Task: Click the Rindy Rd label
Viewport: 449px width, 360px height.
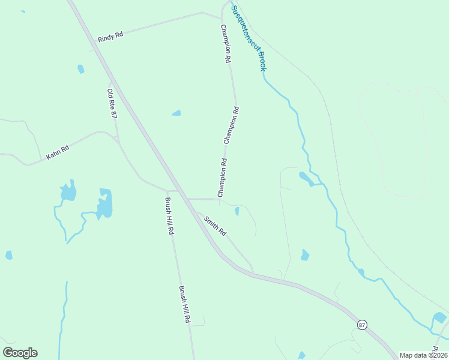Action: [110, 35]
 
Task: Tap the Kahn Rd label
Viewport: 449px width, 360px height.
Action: [58, 152]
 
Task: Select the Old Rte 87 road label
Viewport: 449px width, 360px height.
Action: [112, 103]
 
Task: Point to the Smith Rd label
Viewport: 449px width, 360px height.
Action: [214, 225]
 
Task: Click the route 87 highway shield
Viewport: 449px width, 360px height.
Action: [361, 325]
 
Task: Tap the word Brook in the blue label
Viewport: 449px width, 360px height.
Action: [262, 61]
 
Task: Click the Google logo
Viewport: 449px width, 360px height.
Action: [20, 353]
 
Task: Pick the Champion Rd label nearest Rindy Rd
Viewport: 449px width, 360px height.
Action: [226, 44]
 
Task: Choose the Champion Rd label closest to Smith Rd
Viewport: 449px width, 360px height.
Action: [223, 178]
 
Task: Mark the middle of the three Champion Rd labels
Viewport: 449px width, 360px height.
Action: [232, 125]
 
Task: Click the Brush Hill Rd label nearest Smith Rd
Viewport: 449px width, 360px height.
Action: [170, 215]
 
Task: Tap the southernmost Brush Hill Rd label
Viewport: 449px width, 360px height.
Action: [184, 304]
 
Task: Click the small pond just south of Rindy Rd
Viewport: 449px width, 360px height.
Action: [80, 69]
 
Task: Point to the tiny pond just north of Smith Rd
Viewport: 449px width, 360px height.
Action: [237, 211]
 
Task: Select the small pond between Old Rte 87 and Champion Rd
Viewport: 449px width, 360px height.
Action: [176, 113]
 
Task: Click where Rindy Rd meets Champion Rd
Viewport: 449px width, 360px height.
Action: [202, 13]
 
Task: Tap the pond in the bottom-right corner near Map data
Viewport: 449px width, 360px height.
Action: [439, 317]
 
